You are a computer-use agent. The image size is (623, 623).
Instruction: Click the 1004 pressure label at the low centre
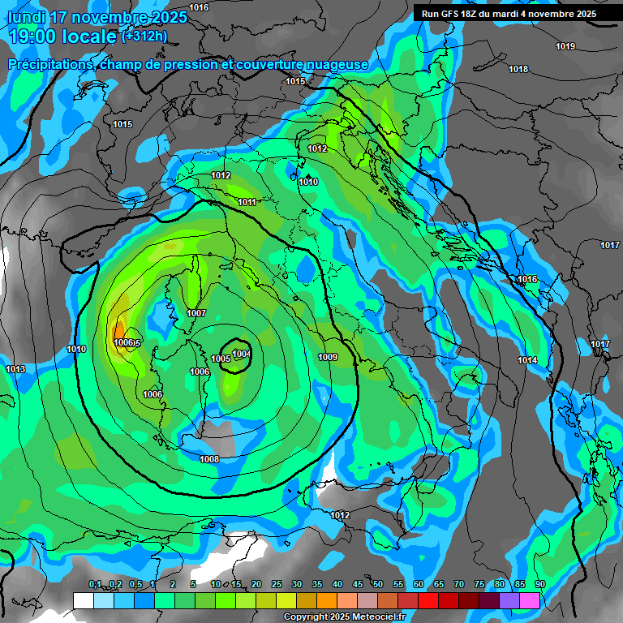(x=241, y=353)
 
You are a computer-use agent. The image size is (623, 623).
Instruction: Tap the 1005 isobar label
(x=220, y=359)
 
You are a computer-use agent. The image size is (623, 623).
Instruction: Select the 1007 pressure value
(x=196, y=313)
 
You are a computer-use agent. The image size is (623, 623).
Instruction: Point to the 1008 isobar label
(x=209, y=459)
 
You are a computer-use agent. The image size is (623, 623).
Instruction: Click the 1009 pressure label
(x=328, y=357)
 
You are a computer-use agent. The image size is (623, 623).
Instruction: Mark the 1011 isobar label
(x=247, y=202)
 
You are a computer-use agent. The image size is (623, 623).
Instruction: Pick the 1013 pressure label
(x=15, y=369)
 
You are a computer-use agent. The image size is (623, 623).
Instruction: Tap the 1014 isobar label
(x=527, y=360)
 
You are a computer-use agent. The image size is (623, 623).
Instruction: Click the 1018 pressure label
(x=518, y=69)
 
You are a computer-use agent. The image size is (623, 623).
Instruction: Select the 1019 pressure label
(x=565, y=46)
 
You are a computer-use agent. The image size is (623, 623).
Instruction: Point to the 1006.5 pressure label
(x=127, y=343)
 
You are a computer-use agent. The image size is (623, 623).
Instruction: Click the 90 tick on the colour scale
(x=539, y=584)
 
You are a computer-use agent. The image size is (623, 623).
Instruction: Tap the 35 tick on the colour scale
(x=317, y=584)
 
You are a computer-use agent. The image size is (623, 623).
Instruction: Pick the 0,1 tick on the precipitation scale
(x=95, y=584)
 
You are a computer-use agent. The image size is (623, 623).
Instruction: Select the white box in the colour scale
(x=83, y=600)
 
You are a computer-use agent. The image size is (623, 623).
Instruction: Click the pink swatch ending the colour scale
(x=530, y=600)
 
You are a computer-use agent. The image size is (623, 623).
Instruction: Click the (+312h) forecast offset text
(x=144, y=35)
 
